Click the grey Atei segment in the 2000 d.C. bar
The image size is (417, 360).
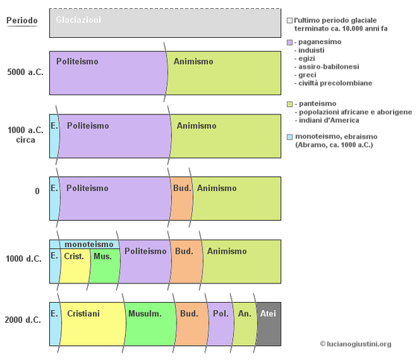click(269, 324)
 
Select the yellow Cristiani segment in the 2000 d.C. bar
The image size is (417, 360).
click(92, 324)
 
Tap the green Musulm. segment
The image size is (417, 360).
click(150, 324)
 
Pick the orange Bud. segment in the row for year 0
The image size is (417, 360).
click(182, 199)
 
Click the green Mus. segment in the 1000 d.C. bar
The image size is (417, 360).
click(104, 266)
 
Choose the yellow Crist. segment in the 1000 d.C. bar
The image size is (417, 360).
click(75, 266)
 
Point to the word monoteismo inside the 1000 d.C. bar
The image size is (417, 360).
click(89, 244)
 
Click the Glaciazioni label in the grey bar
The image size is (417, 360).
click(78, 20)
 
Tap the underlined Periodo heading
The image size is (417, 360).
click(22, 21)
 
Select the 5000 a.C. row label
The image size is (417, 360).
click(25, 72)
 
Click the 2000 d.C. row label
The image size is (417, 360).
click(23, 320)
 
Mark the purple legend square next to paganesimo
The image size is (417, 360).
click(290, 42)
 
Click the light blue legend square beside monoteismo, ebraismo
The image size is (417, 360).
click(290, 137)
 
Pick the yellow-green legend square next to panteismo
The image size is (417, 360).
click(290, 104)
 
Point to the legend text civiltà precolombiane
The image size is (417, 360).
click(335, 83)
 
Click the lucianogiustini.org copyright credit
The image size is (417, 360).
click(356, 344)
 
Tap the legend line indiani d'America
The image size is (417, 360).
click(329, 120)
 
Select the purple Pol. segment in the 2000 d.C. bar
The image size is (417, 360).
click(220, 324)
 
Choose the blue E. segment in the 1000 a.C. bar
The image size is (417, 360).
click(54, 136)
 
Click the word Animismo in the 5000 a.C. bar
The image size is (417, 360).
click(194, 62)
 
